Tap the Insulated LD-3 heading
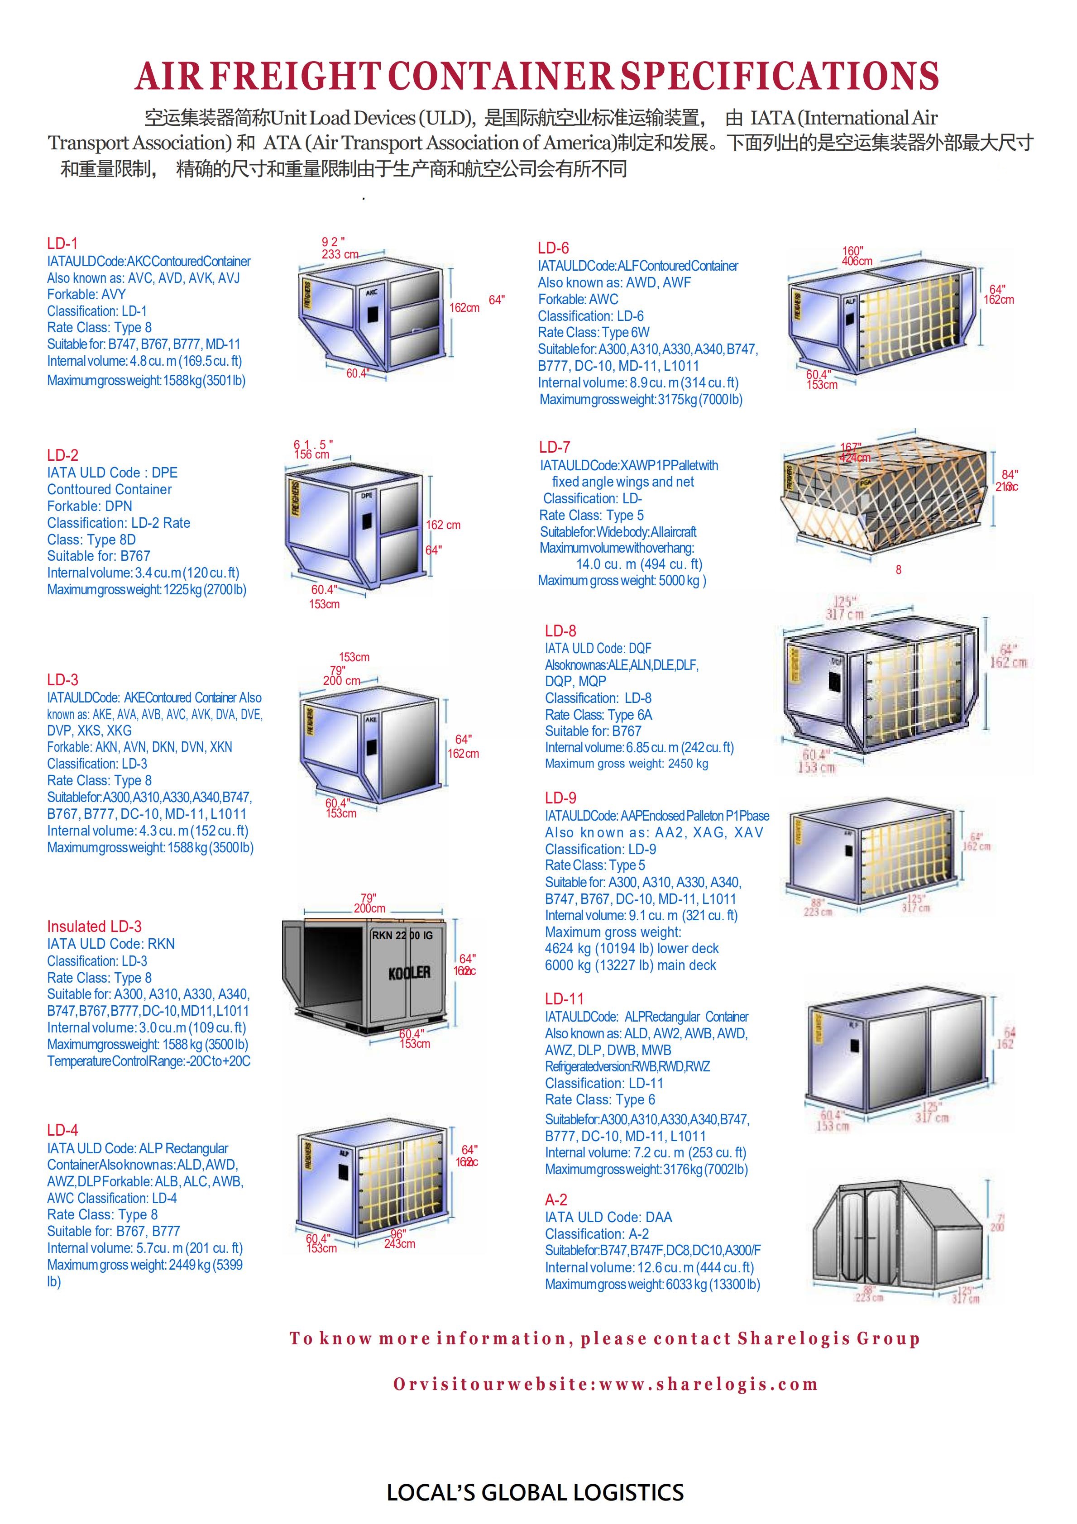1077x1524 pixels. pos(94,926)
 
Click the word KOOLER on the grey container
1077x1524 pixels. pos(409,973)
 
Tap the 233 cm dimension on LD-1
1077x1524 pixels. pos(340,254)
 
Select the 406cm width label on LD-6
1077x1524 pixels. pos(857,262)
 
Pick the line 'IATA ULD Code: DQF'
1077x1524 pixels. pos(598,648)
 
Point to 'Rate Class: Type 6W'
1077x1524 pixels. pos(594,333)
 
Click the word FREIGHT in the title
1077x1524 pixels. pos(296,76)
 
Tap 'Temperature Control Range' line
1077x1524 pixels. pos(149,1061)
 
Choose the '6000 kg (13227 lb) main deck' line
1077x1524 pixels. pos(630,965)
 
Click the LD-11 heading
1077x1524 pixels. pos(565,998)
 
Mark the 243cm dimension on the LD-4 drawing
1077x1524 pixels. pos(400,1243)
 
